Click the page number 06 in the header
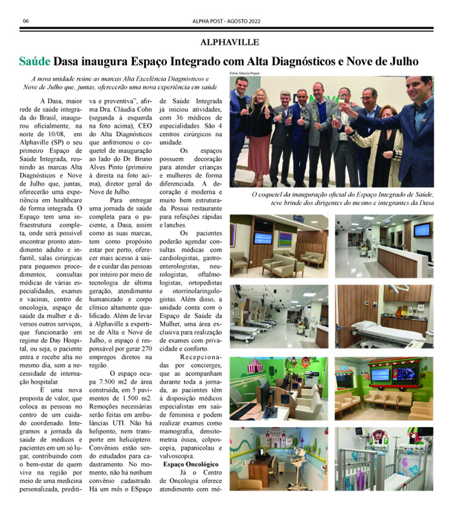point(25,21)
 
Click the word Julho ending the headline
point(402,62)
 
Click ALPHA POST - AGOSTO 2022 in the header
point(226,21)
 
